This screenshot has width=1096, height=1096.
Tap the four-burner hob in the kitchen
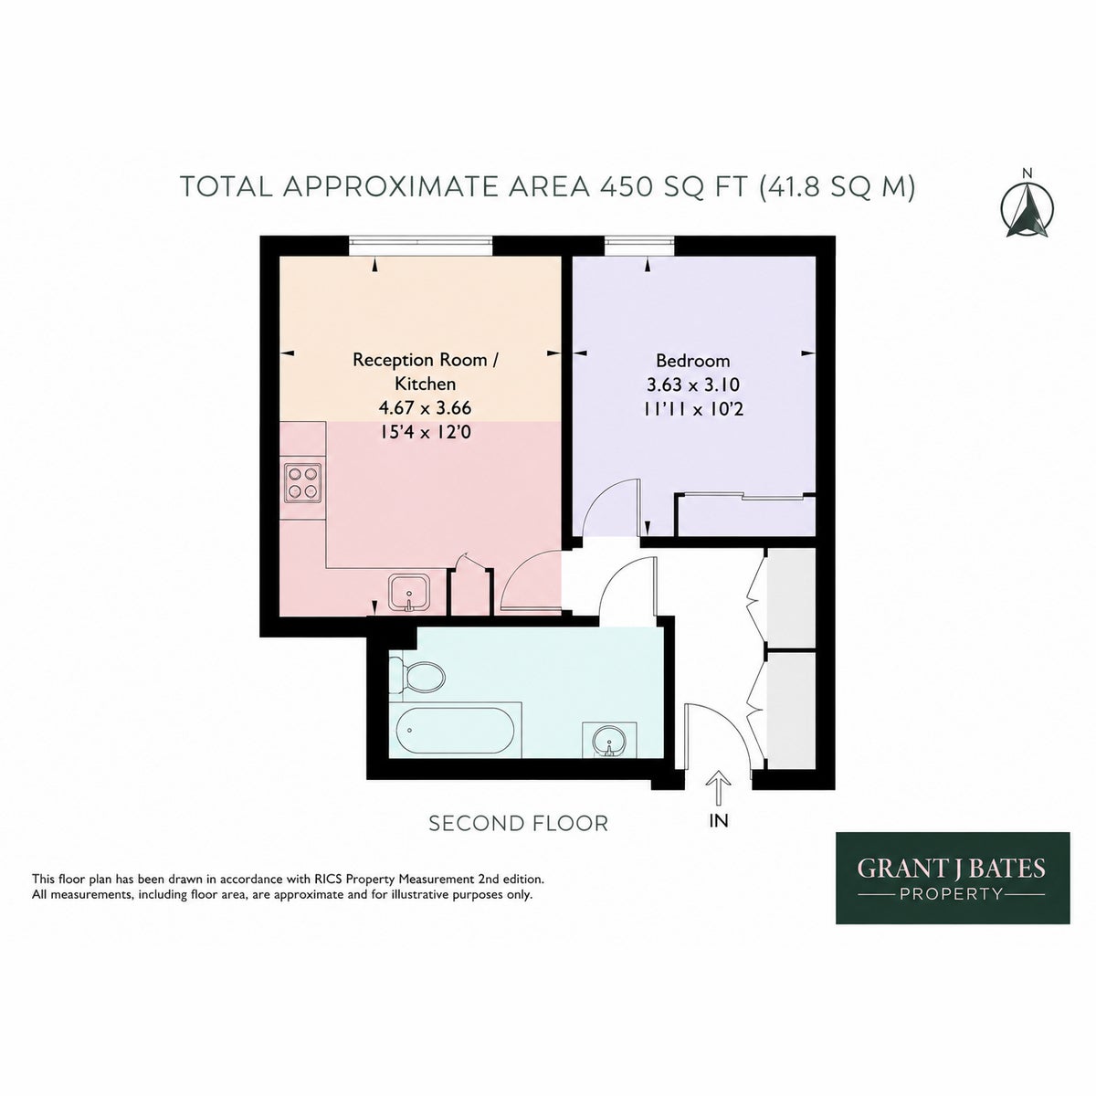[302, 483]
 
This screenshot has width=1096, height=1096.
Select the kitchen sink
[408, 594]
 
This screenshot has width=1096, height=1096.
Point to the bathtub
[455, 730]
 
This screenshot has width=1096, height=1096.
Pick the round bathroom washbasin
[608, 742]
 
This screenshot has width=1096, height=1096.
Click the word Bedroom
[692, 361]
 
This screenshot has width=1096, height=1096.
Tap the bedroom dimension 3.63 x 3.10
[692, 385]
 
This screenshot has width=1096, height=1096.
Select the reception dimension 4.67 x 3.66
[426, 407]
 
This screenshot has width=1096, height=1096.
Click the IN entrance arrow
[719, 787]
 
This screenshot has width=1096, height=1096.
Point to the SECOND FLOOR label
[518, 823]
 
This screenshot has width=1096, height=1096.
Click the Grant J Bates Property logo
[952, 878]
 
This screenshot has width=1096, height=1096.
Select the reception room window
[420, 245]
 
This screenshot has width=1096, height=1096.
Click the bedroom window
[638, 245]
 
